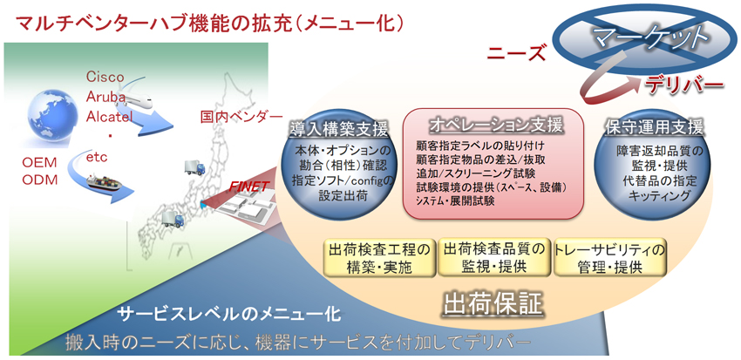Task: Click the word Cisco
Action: click(x=105, y=77)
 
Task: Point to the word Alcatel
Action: click(x=109, y=116)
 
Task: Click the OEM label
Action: click(x=40, y=162)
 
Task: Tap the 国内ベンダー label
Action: click(x=241, y=116)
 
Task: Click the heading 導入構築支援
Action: click(x=339, y=128)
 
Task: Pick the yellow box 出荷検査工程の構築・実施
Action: click(x=379, y=258)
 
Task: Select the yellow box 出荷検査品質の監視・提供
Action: click(x=493, y=257)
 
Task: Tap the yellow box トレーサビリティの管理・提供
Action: click(x=609, y=258)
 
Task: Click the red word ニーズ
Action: click(x=517, y=53)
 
